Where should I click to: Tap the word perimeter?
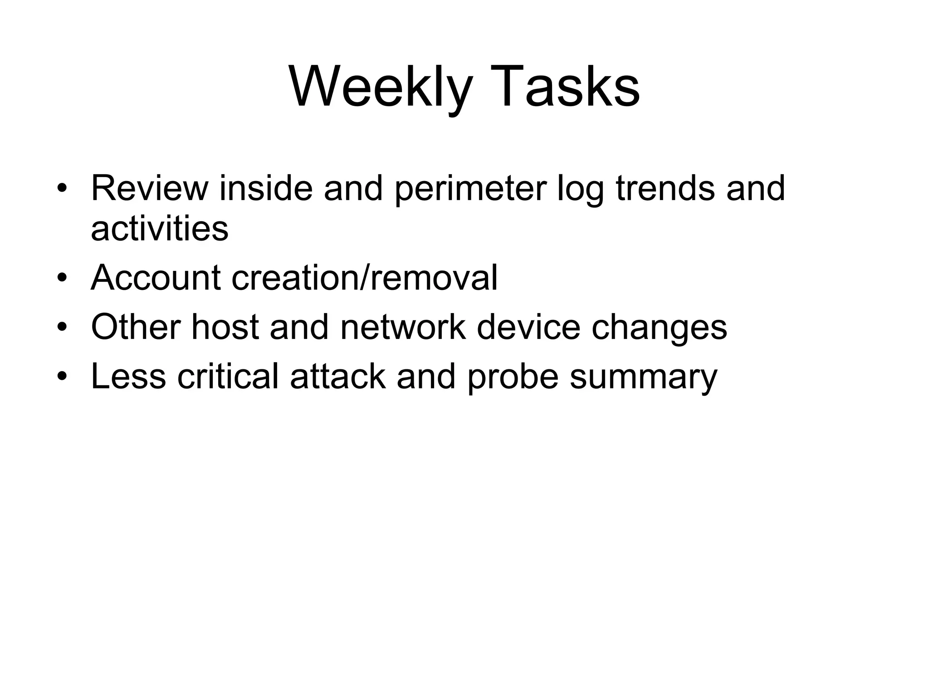pos(470,189)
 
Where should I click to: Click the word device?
pos(528,327)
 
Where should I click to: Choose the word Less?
pos(128,376)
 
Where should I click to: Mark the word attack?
pos(338,376)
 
